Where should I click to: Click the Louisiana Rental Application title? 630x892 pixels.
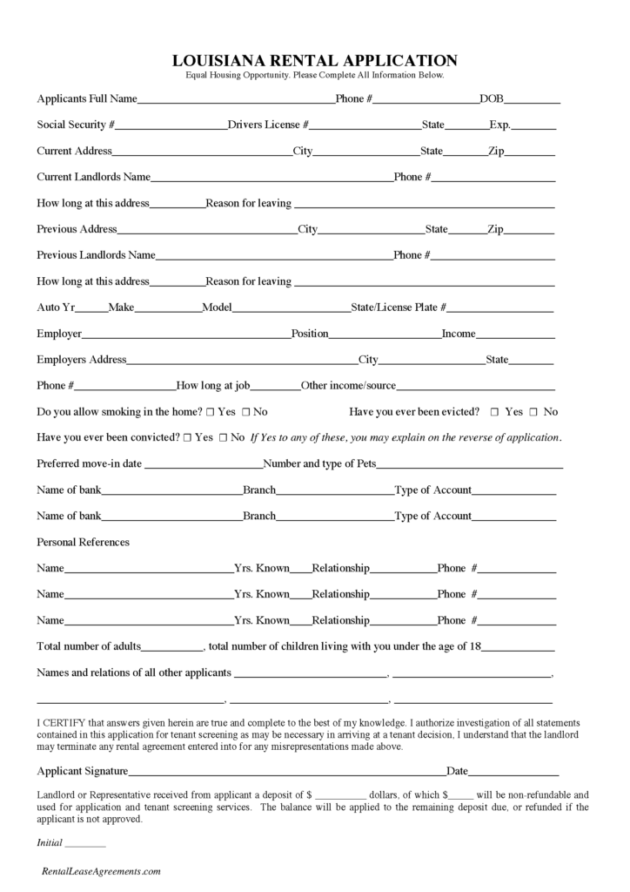coord(315,60)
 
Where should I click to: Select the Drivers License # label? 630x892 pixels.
coord(268,125)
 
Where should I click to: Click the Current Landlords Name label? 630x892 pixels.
coord(93,177)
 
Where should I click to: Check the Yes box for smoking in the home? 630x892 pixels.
coord(210,412)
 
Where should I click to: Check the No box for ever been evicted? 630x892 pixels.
coord(534,412)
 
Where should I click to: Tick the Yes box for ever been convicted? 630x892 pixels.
coord(188,438)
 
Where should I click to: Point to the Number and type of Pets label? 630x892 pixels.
coord(319,464)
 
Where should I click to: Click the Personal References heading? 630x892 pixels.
coord(83,542)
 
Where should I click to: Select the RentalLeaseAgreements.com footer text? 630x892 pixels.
coord(102,871)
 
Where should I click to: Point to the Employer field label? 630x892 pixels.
coord(59,334)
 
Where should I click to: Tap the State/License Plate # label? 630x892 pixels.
coord(399,307)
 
